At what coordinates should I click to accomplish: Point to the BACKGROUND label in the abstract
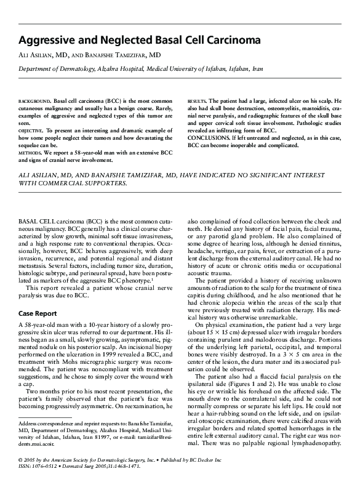coord(34,100)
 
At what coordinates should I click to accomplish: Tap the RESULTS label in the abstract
coord(196,100)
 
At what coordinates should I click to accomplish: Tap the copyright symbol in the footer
coord(20,460)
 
